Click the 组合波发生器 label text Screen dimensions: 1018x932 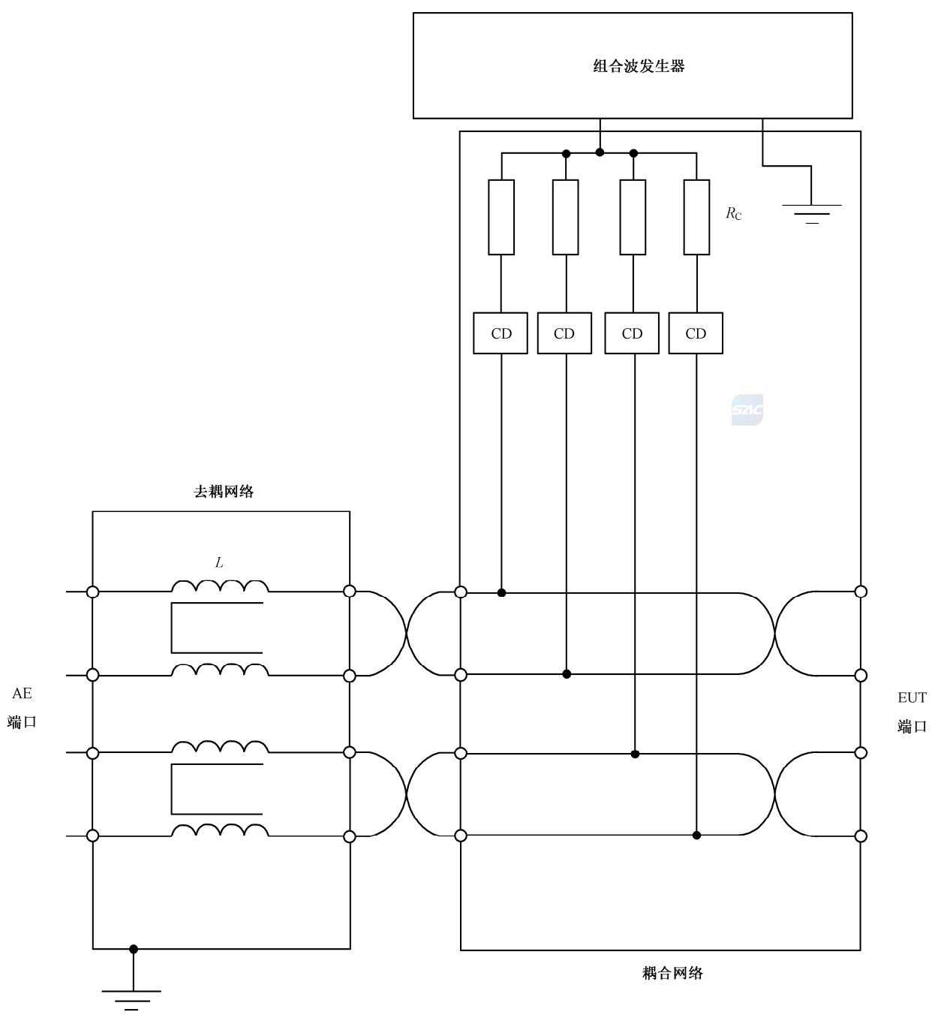click(639, 66)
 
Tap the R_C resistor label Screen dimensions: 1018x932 click(733, 213)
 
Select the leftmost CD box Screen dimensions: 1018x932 click(501, 333)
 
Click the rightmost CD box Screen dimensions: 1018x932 click(696, 333)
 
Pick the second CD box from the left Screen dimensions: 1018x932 click(564, 333)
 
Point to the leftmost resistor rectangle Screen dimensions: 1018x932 click(501, 217)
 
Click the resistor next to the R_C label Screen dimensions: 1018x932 click(696, 217)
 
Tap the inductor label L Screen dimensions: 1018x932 click(219, 562)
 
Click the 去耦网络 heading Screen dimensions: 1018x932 click(224, 492)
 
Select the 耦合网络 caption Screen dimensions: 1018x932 click(672, 973)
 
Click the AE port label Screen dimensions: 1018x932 click(23, 708)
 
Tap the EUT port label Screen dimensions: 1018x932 click(912, 712)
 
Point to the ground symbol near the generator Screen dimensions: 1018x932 click(812, 213)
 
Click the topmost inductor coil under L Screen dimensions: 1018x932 click(220, 586)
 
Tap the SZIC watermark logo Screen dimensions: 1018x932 click(747, 410)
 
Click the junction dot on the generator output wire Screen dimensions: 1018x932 click(600, 152)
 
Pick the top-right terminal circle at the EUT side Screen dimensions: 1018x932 click(861, 592)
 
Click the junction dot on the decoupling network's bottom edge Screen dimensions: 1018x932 click(134, 949)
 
